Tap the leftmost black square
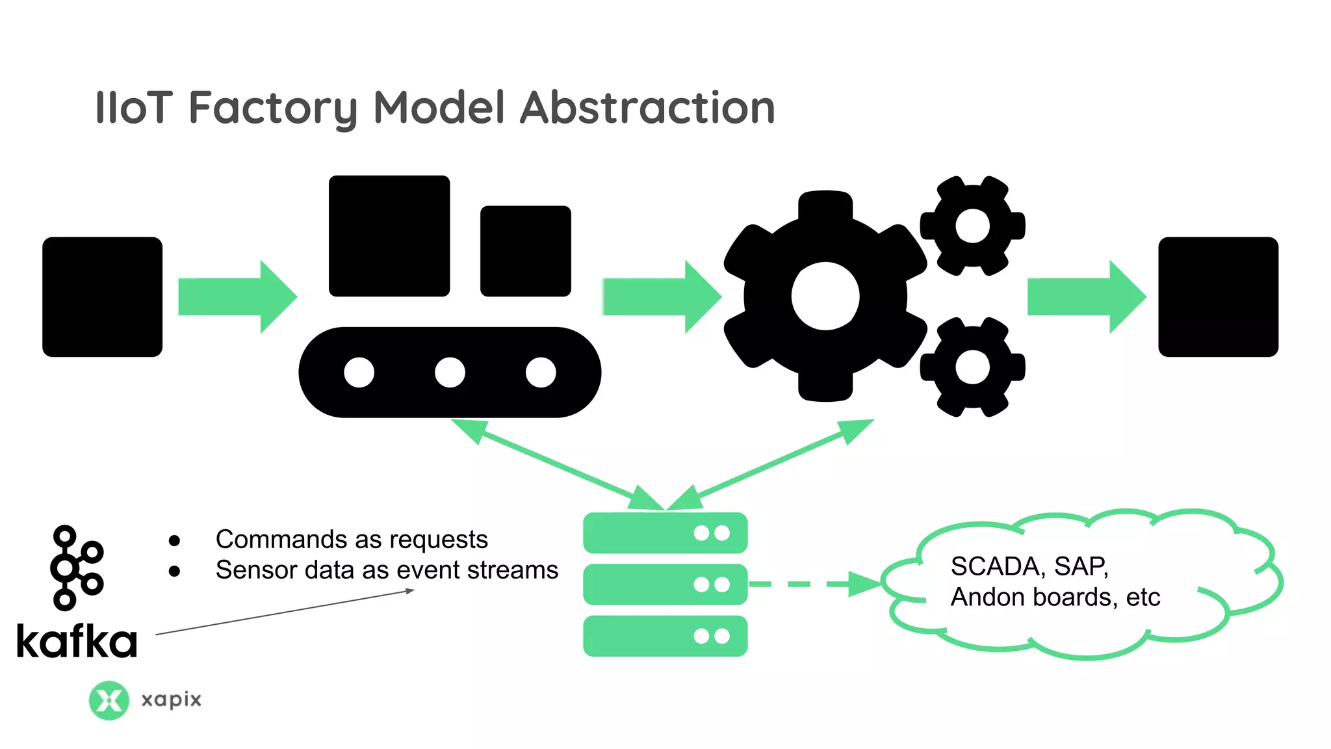tap(102, 296)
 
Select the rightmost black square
tap(1218, 296)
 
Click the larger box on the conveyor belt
tap(389, 235)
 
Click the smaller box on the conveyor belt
tap(525, 251)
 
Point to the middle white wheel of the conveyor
tap(450, 373)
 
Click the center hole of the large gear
tap(825, 296)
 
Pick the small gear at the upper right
tap(972, 226)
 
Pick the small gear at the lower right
tap(972, 367)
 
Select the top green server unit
tap(665, 533)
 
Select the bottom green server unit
tap(665, 636)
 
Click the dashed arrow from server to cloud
tap(812, 584)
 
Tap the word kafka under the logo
tap(77, 641)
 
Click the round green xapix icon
tap(109, 700)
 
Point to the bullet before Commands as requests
tap(174, 540)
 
